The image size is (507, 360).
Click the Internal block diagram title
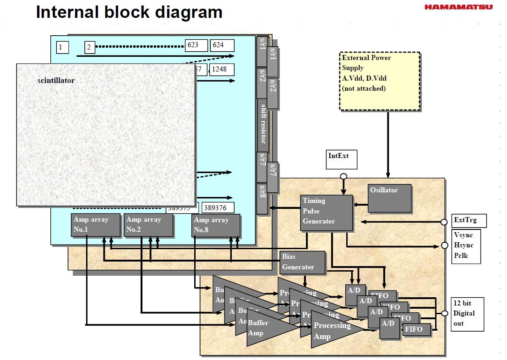click(x=129, y=12)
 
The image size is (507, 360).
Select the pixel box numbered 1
click(x=62, y=47)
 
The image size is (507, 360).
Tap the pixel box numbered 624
click(x=222, y=45)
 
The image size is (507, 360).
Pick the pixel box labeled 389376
click(x=218, y=208)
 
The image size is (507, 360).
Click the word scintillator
click(x=56, y=81)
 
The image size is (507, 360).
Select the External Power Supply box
click(x=380, y=81)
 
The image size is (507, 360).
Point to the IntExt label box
click(x=341, y=159)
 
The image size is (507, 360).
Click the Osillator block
click(x=390, y=198)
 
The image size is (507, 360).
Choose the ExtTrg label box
click(x=469, y=220)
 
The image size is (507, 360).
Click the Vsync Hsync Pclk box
click(x=467, y=246)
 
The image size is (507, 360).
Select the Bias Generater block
click(x=303, y=262)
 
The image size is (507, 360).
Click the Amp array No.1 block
click(x=91, y=225)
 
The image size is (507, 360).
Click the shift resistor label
click(x=263, y=124)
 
